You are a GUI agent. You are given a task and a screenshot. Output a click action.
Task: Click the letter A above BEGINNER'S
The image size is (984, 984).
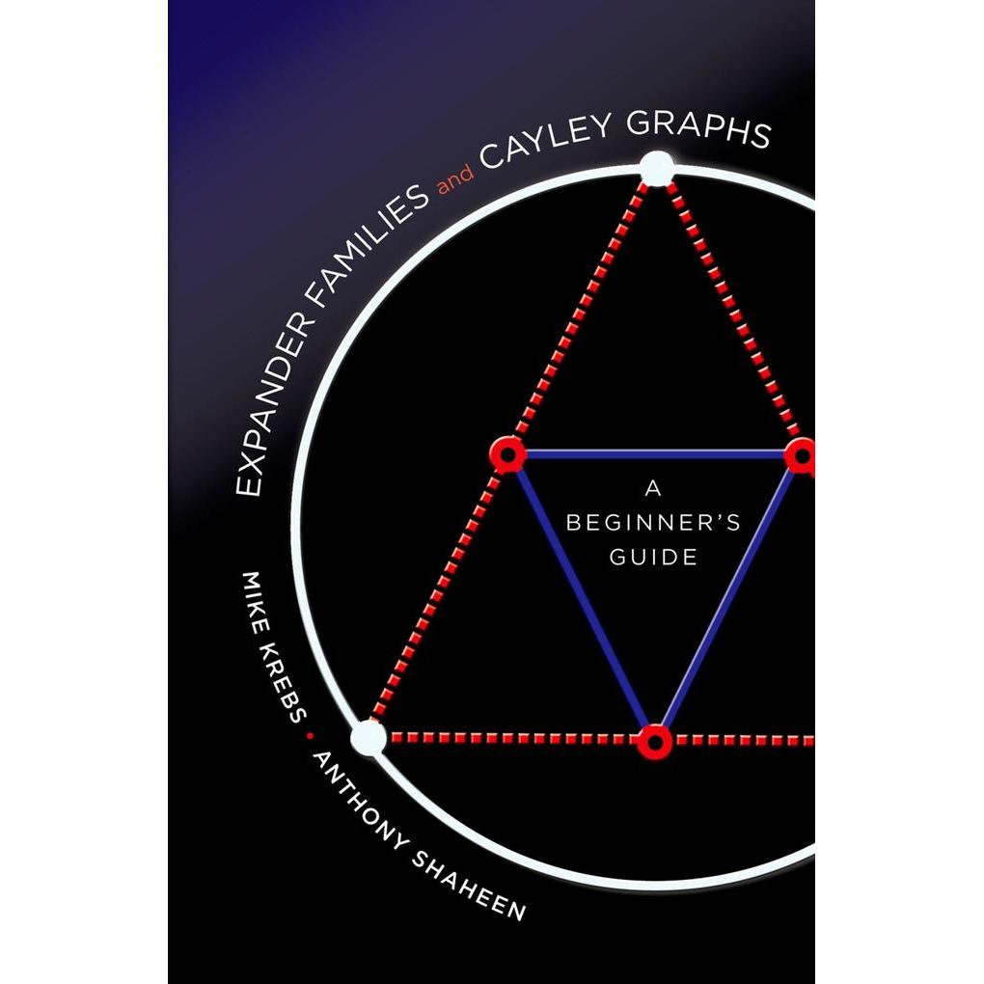coord(653,488)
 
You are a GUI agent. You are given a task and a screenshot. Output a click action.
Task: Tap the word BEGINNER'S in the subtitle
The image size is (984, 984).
coord(653,522)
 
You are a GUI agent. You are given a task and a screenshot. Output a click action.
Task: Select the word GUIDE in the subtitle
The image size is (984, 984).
coord(653,557)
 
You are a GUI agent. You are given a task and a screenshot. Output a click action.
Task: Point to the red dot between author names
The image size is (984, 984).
coord(309,734)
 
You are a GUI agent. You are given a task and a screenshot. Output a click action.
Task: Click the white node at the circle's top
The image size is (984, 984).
coord(656,169)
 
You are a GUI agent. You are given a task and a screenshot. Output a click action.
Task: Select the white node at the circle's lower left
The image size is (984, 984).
coord(369,737)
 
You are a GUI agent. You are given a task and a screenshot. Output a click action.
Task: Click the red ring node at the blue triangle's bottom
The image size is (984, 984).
coord(654,742)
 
